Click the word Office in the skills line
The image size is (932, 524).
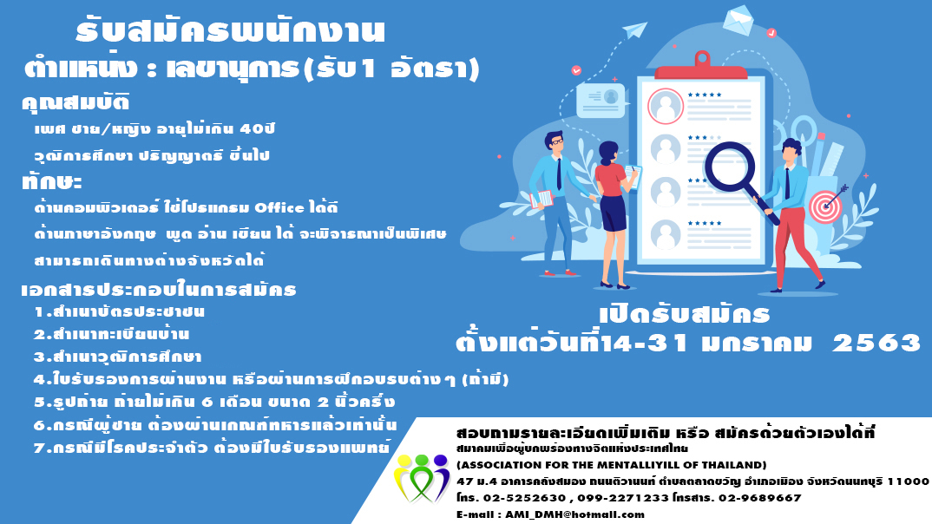coord(279,208)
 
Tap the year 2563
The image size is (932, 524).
coord(876,343)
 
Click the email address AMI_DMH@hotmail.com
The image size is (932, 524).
coord(574,514)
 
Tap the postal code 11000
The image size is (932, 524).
coord(908,481)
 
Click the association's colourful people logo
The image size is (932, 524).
coord(422,478)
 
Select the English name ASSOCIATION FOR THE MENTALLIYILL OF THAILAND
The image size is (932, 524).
coord(612,465)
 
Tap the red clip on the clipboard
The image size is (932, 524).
coord(701,67)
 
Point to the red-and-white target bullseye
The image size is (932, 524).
coord(825,206)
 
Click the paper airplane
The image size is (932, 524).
coord(634,29)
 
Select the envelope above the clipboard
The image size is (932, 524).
coord(738,20)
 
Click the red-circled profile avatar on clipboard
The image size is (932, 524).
coord(665,107)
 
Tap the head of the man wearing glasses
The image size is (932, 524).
coord(555,142)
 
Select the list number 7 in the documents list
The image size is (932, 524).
coord(39,448)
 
